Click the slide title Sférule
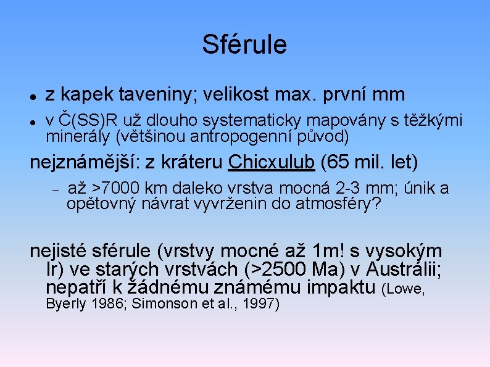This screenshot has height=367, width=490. point(244,44)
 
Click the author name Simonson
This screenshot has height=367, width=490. point(160,303)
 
